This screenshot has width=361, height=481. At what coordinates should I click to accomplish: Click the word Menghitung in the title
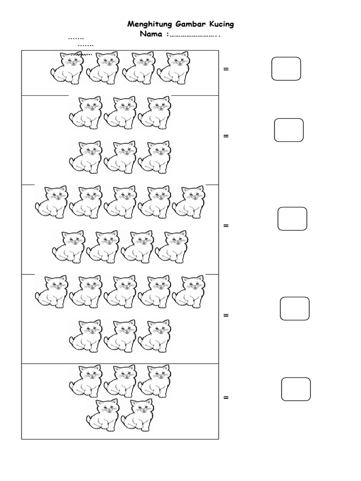click(149, 24)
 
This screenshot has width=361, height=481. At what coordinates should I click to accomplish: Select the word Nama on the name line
click(150, 34)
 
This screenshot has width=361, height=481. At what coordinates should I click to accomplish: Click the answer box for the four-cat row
click(286, 69)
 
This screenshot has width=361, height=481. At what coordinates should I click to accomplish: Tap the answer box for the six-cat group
click(289, 130)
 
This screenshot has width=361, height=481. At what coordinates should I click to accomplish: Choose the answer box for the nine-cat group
click(292, 219)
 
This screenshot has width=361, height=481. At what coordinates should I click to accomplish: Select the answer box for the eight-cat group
click(294, 309)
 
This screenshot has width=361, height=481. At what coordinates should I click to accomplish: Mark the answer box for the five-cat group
click(296, 389)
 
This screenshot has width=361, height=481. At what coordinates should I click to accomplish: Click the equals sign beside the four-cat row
click(226, 70)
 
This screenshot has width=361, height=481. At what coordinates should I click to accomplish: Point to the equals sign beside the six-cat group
click(226, 136)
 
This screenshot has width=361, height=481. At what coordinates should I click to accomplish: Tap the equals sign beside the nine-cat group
click(226, 226)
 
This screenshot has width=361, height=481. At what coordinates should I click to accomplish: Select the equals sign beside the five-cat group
click(226, 398)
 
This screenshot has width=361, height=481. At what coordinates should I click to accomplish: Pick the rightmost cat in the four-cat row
click(173, 69)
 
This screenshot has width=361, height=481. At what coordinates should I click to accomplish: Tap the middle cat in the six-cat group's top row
click(120, 113)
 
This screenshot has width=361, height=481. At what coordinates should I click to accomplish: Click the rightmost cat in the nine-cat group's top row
click(189, 202)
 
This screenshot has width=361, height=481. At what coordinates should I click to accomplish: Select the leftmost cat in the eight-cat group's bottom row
click(85, 336)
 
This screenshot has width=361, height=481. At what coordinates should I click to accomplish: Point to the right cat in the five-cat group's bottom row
click(137, 416)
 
